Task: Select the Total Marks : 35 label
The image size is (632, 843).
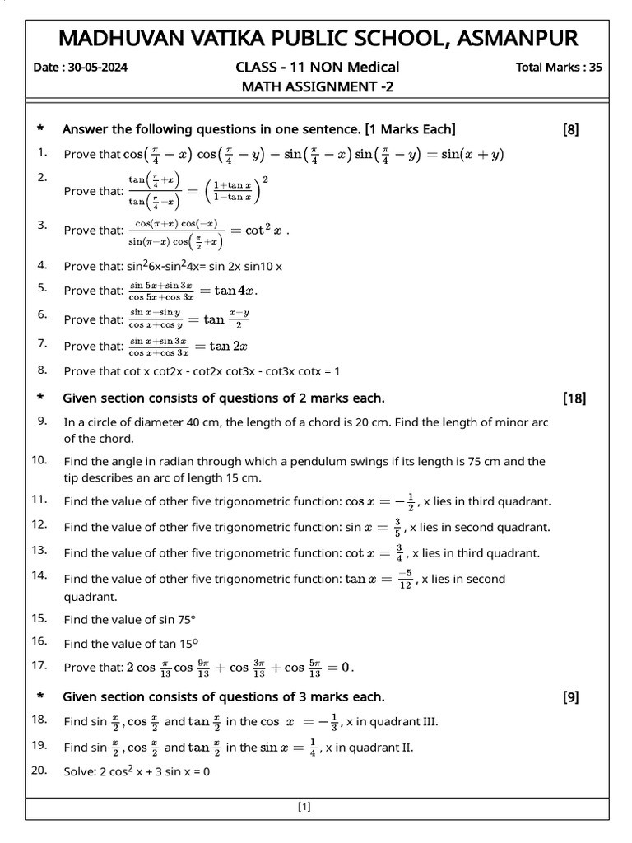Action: (x=558, y=68)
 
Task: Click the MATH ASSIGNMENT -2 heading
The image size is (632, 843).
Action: (x=317, y=86)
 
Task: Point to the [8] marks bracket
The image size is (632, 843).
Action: (x=570, y=129)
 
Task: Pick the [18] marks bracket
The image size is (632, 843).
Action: (x=574, y=398)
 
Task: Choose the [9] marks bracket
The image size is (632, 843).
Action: (x=570, y=697)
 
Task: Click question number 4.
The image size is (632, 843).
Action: (x=41, y=265)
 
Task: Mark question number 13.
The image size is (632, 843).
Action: (x=39, y=549)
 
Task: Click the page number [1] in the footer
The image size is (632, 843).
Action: (x=304, y=807)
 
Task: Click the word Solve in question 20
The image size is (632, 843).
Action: (x=79, y=772)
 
